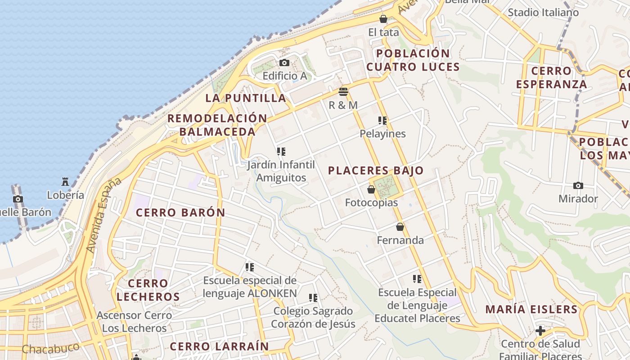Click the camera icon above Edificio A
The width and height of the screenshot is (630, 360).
tap(284, 63)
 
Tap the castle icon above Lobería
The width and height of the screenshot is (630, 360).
tap(65, 182)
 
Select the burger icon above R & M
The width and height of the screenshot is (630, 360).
tap(343, 92)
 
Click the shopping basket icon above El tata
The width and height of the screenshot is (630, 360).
tap(383, 19)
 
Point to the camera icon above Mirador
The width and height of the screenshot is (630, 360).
tap(578, 185)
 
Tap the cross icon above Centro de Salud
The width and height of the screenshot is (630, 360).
tap(540, 331)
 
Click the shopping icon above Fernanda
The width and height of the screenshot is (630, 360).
tap(400, 227)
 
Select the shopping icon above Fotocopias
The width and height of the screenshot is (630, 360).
tap(371, 189)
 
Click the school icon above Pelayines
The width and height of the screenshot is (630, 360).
tap(382, 120)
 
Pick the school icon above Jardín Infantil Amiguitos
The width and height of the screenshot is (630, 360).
tap(281, 151)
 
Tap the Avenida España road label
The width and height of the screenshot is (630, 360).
tap(104, 215)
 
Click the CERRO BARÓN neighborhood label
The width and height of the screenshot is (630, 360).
tap(180, 212)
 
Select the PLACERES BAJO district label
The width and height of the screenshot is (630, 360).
tap(376, 171)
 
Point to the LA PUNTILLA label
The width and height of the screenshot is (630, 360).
tap(246, 98)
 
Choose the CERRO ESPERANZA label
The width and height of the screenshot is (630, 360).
tap(551, 77)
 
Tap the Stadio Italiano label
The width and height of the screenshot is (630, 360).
tap(543, 12)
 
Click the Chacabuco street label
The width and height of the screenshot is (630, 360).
tap(51, 348)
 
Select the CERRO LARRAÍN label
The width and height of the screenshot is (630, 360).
tap(219, 346)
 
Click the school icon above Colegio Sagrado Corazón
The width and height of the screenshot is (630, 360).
tap(313, 297)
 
